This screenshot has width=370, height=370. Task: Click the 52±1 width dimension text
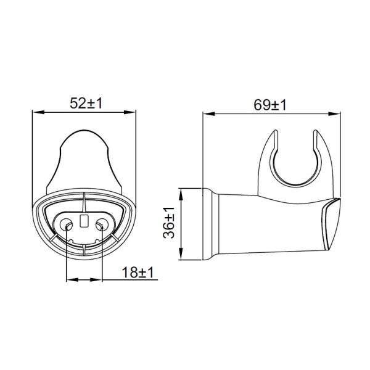click(84, 104)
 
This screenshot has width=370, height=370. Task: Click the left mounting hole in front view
click(67, 222)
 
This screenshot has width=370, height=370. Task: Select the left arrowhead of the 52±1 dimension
click(36, 113)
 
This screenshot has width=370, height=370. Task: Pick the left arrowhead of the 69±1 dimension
click(207, 113)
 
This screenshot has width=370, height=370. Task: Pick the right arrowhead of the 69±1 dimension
click(334, 113)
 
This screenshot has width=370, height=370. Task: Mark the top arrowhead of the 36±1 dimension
click(180, 192)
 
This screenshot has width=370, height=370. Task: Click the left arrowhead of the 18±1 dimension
click(68, 281)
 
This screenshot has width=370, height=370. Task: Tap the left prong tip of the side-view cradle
click(272, 134)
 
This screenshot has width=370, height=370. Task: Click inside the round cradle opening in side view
click(295, 163)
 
